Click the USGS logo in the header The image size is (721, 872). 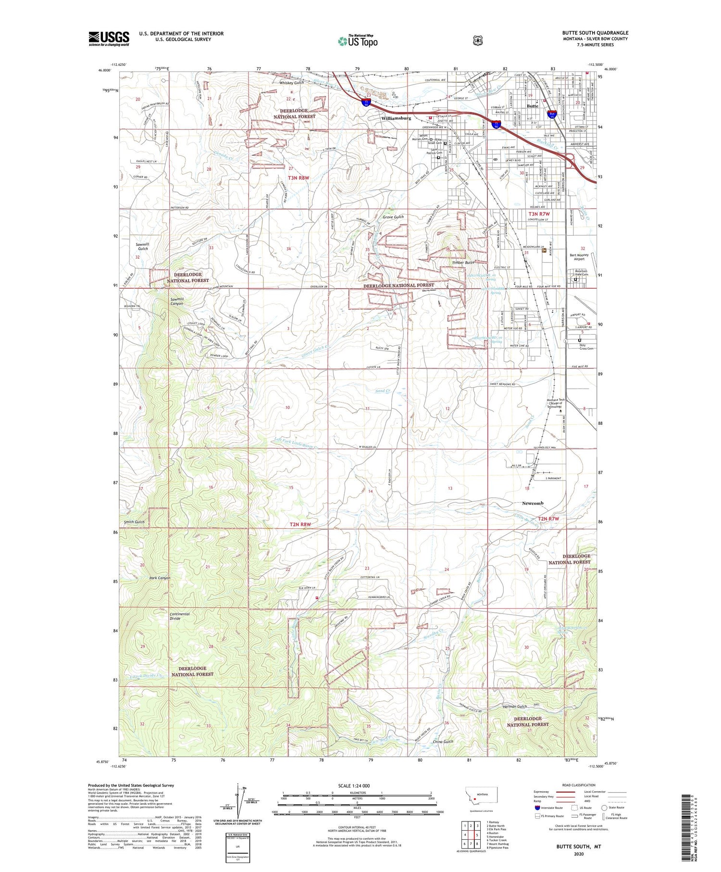pos(109,38)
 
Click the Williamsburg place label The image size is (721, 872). pos(396,118)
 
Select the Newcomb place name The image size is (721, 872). pos(533,503)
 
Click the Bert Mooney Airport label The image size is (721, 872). pos(583,257)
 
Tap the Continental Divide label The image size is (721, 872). pos(180,616)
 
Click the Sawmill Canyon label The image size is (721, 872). pos(177,302)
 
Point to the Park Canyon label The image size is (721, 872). pos(160,578)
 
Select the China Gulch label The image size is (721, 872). pos(443,742)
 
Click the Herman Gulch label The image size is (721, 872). pos(515,707)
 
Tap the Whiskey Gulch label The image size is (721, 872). pos(292,83)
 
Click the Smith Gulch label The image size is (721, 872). pos(134,522)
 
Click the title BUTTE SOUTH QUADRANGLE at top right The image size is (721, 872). pos(595,33)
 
